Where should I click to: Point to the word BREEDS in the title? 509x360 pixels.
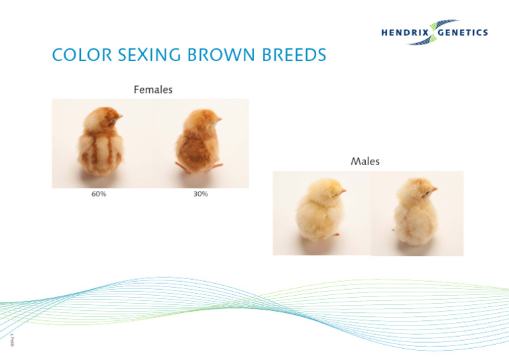click(292, 55)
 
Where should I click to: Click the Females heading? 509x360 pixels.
click(153, 90)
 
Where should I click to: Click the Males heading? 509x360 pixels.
click(365, 161)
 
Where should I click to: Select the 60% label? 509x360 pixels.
click(99, 194)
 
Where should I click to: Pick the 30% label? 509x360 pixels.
click(201, 194)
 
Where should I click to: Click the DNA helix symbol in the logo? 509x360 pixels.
click(435, 32)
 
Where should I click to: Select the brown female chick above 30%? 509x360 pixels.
click(198, 141)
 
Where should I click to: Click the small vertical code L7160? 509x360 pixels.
click(11, 339)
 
